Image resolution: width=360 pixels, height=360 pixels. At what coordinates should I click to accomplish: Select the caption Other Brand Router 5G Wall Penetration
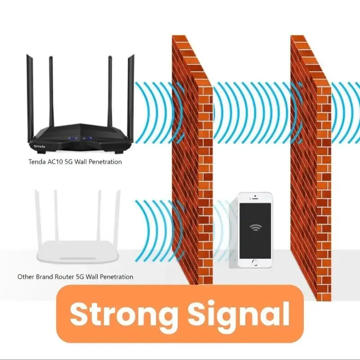point(75,277)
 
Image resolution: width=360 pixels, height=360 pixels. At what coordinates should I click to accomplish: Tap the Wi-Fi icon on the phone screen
point(255,228)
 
